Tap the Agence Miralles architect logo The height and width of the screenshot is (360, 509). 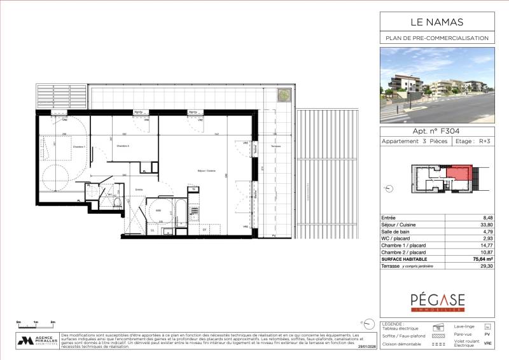pos(37,341)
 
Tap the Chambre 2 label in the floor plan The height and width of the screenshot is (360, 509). pos(123,146)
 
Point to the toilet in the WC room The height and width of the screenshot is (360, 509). pos(118,202)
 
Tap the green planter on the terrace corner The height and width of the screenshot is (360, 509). pos(282,96)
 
